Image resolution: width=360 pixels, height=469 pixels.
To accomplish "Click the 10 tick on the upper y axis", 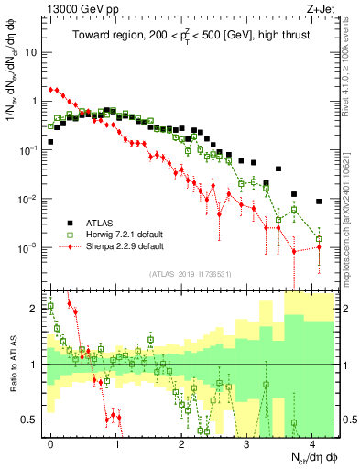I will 34,51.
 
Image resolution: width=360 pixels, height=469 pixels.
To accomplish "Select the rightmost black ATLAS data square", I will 319,202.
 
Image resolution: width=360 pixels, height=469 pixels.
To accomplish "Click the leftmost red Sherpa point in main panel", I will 50,90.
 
